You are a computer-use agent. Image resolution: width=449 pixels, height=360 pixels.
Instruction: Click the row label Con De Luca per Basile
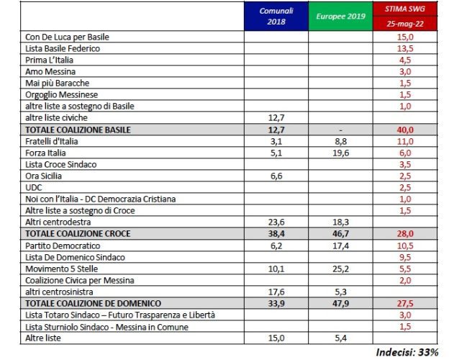tap(68, 37)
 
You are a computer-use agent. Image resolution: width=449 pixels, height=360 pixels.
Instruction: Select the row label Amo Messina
tap(50, 71)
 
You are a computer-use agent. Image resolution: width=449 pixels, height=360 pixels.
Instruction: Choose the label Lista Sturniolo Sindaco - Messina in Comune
tap(107, 327)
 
